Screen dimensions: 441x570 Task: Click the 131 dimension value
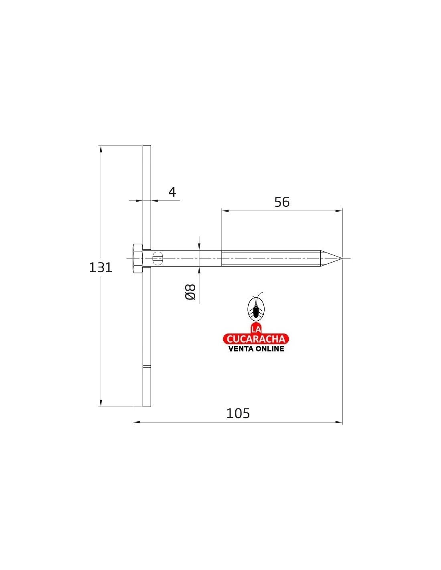tap(101, 267)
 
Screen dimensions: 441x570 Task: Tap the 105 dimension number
tap(238, 413)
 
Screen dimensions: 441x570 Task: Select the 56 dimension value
tap(282, 202)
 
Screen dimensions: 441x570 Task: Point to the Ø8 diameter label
tap(190, 292)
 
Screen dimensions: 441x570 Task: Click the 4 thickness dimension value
tap(172, 192)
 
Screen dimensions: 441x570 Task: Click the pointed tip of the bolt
tap(342, 259)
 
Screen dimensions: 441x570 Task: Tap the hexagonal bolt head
tap(138, 259)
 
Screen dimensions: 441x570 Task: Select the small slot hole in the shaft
tap(158, 259)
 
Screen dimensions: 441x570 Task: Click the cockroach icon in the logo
tap(256, 306)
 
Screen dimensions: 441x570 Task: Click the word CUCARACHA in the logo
tap(256, 339)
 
